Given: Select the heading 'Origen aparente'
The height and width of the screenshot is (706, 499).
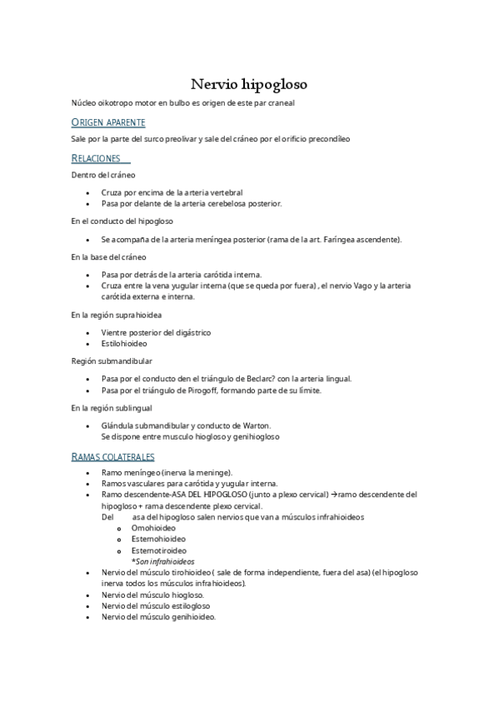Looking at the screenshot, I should coord(108,122).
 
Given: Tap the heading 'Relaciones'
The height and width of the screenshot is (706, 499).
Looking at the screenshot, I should coord(96,158).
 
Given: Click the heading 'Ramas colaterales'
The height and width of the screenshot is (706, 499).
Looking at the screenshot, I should coord(112,457).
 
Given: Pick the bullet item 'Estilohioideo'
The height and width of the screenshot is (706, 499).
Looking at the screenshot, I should coord(124,343).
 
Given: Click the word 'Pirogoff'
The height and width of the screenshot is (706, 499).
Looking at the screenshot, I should coord(237,390).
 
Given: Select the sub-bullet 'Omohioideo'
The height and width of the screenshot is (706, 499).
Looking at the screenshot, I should coord(154,527).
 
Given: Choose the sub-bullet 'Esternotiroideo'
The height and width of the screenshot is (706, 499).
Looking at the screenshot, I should coord(159,550).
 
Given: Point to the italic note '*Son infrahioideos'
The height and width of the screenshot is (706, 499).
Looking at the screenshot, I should coord(162,562).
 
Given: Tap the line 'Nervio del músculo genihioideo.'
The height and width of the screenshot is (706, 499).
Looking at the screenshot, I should coord(158,617).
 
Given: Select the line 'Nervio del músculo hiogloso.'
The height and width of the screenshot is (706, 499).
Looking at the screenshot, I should coord(152,595).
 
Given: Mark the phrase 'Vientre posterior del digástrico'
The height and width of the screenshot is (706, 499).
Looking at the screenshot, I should coord(156,332).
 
